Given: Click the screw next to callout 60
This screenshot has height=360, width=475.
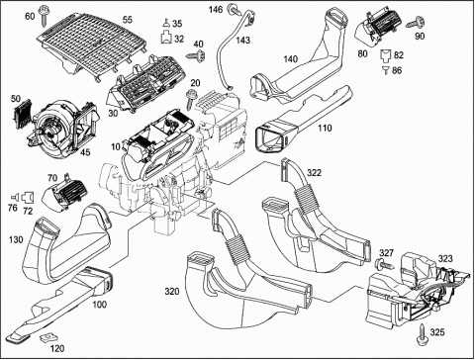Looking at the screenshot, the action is (44, 15).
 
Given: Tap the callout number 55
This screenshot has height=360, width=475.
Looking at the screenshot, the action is (128, 20).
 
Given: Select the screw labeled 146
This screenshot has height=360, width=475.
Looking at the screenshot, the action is (237, 10).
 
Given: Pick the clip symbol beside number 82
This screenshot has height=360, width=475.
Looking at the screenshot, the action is (386, 55).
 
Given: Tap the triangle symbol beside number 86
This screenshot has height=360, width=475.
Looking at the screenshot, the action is (386, 70).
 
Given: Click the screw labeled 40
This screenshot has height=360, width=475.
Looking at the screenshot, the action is (197, 55).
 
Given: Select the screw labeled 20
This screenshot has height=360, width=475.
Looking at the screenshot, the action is (191, 98).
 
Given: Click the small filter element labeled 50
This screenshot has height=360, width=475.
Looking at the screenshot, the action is (22, 113).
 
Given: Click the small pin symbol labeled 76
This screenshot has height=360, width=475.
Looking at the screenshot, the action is (15, 197).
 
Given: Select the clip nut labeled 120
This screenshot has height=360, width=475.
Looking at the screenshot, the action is (47, 337).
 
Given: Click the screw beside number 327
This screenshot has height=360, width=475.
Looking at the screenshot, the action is (384, 264).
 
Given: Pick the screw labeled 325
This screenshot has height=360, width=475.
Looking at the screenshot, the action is (423, 335).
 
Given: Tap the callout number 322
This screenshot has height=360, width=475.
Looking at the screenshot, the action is (314, 172).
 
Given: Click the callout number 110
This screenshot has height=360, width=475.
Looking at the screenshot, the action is (325, 128).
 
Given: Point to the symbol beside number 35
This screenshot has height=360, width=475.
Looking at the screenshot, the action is (167, 24).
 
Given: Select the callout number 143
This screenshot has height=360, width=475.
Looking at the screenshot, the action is (243, 41).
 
